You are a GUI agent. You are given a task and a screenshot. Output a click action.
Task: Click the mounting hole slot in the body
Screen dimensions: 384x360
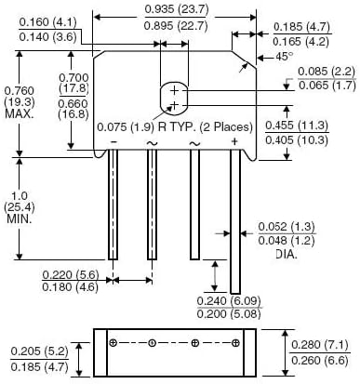pyautogui.click(x=173, y=97)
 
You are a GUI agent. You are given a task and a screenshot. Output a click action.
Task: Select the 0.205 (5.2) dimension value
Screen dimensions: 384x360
pyautogui.click(x=40, y=351)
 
